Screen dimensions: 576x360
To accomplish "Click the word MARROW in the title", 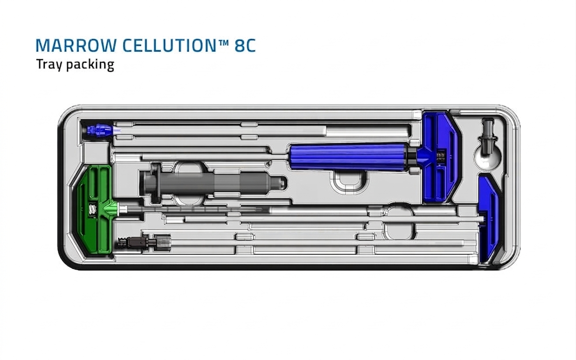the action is tap(76, 45).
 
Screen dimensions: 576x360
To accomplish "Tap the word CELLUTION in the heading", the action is tap(169, 45).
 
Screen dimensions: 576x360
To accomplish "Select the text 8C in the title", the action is tap(245, 45).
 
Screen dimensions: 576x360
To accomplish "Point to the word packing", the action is tap(90, 64).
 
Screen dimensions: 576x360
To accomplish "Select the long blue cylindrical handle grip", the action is tap(348, 157).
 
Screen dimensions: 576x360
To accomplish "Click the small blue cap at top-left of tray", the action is tap(100, 130).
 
